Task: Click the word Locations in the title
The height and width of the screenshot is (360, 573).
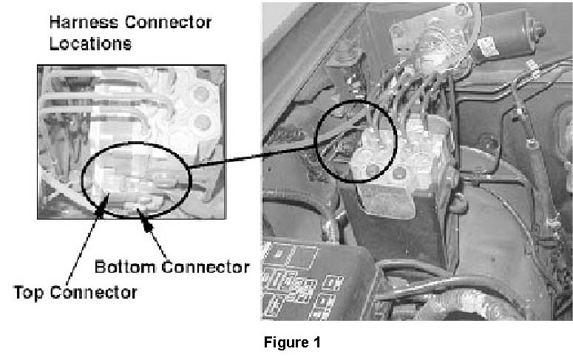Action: click(90, 44)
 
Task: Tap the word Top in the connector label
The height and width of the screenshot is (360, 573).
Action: click(31, 292)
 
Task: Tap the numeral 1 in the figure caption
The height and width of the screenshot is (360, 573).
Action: click(317, 343)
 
